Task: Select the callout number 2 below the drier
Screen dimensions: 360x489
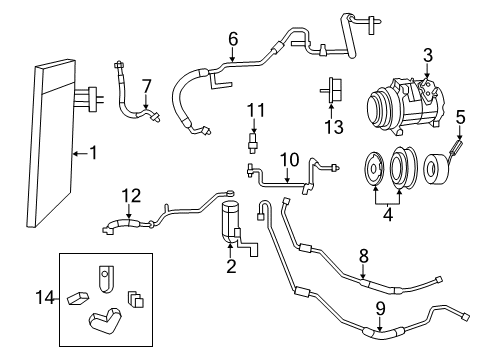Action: point(231,266)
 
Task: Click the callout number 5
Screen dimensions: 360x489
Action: point(461,118)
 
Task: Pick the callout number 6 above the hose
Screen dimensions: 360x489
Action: point(232,39)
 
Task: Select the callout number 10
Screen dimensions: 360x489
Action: point(289,158)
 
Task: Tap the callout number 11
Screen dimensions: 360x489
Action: point(255,109)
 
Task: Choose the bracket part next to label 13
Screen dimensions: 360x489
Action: point(331,91)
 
